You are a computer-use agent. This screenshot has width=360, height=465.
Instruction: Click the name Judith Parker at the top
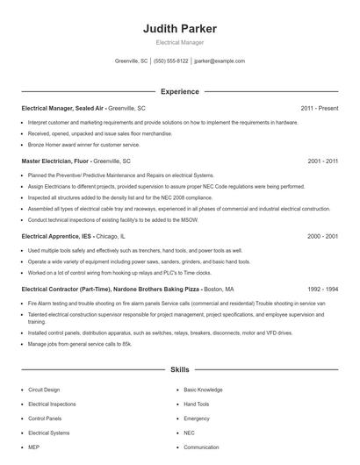tap(179, 28)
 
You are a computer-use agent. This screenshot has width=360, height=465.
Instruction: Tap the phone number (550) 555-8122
tap(170, 61)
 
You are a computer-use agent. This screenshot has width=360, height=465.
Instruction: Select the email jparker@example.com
tap(220, 61)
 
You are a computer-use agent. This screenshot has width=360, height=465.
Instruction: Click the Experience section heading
tap(179, 91)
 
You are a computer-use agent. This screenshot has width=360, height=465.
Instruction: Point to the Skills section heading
tap(179, 370)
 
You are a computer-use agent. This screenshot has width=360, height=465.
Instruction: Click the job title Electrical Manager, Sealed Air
tap(62, 108)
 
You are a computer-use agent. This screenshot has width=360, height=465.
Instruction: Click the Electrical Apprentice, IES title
tap(56, 237)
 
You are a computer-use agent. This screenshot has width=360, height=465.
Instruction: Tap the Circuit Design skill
tap(45, 390)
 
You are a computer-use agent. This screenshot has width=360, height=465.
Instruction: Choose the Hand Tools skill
tap(197, 404)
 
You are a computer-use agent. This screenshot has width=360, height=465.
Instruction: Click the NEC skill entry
tap(190, 433)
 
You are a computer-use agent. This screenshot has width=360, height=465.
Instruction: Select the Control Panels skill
tap(46, 418)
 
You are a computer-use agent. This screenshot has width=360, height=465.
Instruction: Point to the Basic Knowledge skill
tap(203, 390)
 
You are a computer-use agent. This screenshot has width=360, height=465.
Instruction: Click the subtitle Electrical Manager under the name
tap(179, 43)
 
